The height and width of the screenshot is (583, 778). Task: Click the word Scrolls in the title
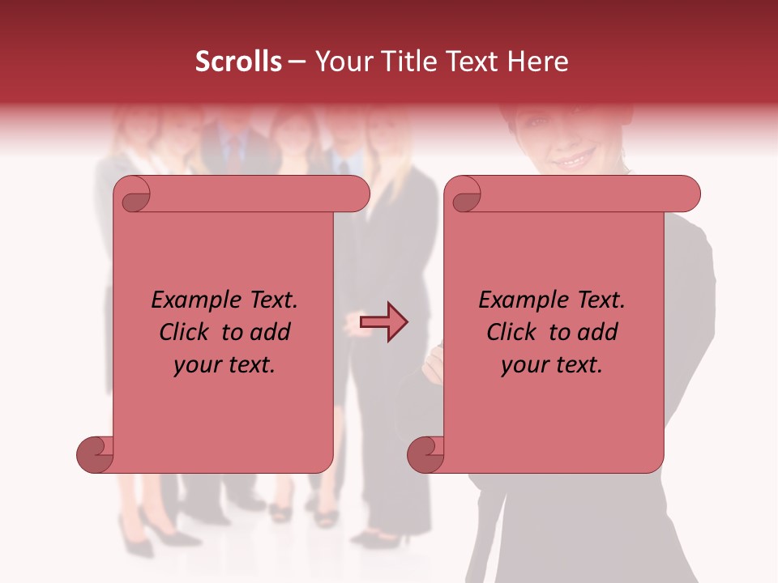point(238,62)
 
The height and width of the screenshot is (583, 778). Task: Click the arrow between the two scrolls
point(384,322)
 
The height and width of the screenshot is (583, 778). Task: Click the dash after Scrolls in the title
point(297,62)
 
